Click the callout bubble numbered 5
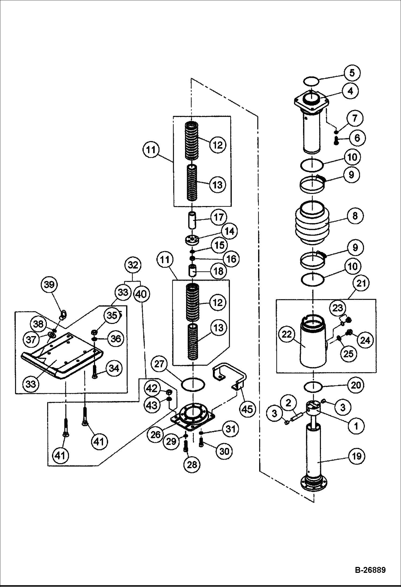point(352,73)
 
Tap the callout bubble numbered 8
point(355,216)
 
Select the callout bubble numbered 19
point(357,456)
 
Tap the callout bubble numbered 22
point(286,334)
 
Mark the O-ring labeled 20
point(313,387)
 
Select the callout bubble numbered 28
point(192,465)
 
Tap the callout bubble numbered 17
point(218,217)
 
